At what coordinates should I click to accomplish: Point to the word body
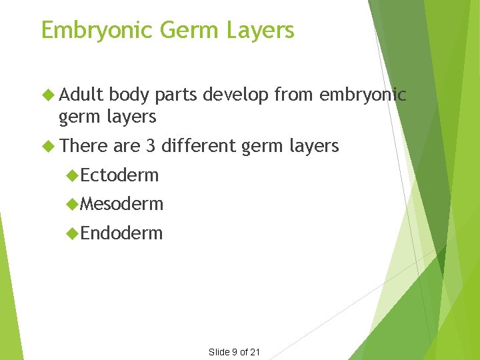click(130, 95)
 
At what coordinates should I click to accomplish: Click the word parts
click(177, 96)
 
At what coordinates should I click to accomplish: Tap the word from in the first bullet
click(294, 95)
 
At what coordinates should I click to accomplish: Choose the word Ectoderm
click(120, 175)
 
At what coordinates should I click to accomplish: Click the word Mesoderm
click(122, 204)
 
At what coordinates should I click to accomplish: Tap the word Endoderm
click(121, 233)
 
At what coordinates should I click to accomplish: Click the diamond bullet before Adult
click(47, 95)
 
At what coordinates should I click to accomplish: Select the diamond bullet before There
click(47, 145)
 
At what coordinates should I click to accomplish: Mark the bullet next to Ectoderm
click(73, 175)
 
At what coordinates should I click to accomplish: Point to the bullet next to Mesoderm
click(73, 204)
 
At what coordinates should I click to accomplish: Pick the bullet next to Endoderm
click(73, 233)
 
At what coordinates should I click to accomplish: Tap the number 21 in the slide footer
click(255, 352)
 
